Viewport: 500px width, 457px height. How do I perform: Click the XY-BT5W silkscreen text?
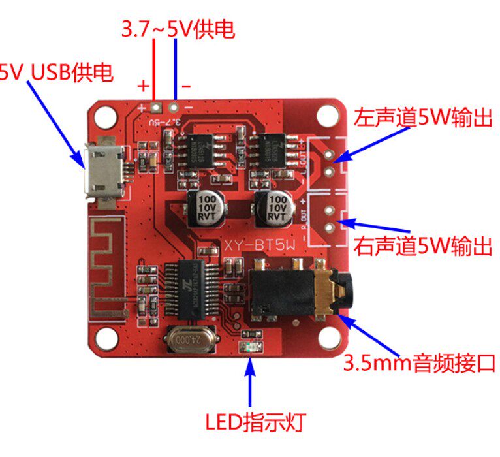point(260,245)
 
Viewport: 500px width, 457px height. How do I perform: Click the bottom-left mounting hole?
point(102,339)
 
